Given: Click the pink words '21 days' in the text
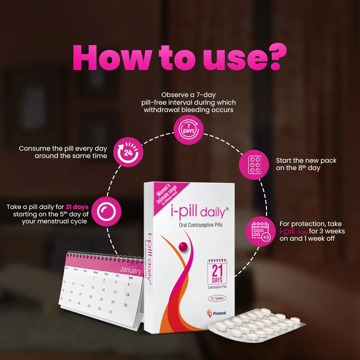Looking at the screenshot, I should tap(77, 207).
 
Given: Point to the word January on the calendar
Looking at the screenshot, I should tap(131, 270).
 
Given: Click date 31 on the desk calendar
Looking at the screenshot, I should tap(111, 312).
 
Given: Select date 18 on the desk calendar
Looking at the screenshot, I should tap(127, 295).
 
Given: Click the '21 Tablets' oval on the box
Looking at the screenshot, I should tap(217, 298).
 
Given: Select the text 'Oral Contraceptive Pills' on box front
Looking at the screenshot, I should tap(201, 225).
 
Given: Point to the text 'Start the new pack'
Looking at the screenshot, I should tap(306, 161).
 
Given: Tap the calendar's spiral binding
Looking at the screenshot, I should tap(103, 256).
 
